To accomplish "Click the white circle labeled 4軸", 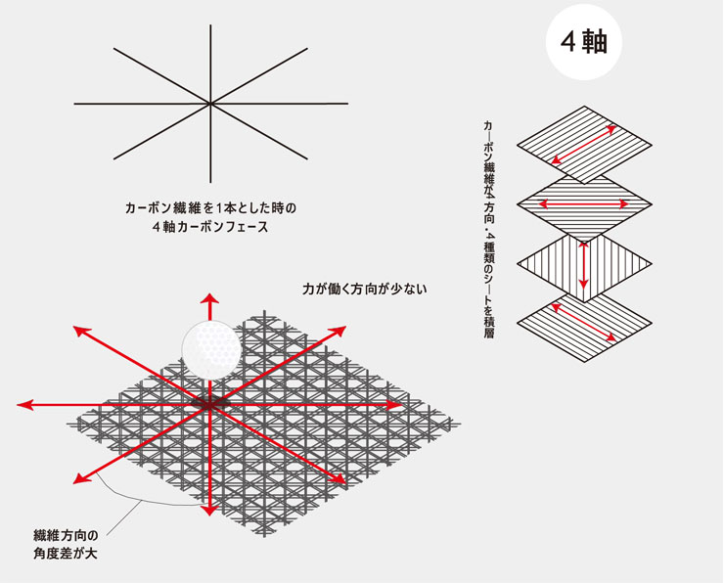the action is coord(584,42).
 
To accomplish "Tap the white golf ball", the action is coord(211,350).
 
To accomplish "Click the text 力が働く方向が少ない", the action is coord(364,290).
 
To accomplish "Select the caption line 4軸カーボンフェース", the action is coord(210,227).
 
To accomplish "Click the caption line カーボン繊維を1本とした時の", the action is coord(210,208).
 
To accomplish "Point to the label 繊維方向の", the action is coord(66,535).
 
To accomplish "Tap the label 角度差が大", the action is coord(66,554).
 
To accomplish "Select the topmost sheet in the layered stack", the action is coord(584,145).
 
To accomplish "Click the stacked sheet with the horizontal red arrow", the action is coord(584,204).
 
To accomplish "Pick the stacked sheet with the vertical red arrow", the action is coord(584,263).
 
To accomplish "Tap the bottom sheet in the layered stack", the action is coord(584,323).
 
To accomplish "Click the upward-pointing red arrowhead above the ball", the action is coord(210,298).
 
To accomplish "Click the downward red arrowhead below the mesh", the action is coord(210,510).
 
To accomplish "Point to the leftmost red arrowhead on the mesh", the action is coord(25,405).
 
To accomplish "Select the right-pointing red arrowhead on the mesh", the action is coord(394,405).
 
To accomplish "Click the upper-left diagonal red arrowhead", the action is coord(82,332).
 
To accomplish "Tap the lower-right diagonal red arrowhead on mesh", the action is coord(338,478).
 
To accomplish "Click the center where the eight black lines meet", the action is coord(210,104).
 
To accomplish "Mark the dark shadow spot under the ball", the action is coord(210,403).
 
